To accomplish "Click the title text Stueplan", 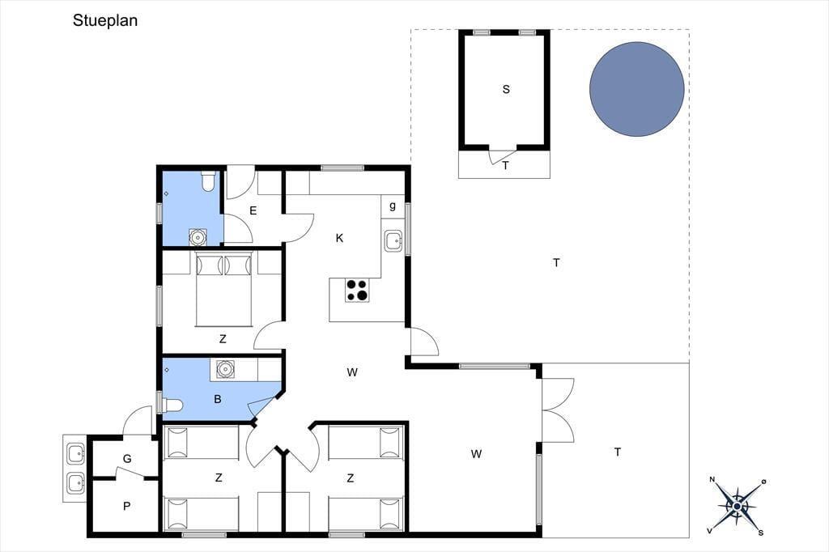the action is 105,20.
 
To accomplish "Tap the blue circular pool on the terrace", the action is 636,89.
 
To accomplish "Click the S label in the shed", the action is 506,89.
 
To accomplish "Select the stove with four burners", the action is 357,291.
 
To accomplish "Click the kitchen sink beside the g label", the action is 393,241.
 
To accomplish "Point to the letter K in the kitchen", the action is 339,238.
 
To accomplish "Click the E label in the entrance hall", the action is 253,211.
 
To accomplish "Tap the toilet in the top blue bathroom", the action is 208,180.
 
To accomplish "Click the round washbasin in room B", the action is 225,368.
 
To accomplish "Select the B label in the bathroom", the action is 217,399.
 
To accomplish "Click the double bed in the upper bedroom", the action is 223,289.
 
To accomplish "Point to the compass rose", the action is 737,507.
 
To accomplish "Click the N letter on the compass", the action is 712,480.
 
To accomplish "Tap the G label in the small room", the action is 127,459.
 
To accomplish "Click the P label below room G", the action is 126,506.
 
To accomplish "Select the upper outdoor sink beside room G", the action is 75,453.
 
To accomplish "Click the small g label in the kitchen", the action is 393,206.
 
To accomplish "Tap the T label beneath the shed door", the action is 505,165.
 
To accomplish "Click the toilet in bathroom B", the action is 172,406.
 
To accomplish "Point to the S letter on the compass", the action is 761,533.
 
